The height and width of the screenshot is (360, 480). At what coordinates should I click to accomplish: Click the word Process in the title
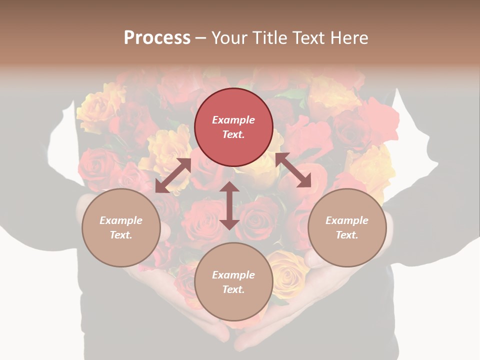[157, 37]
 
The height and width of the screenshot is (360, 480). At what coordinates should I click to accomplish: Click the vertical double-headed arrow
[229, 205]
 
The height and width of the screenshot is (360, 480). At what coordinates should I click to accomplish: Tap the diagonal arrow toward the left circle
[173, 175]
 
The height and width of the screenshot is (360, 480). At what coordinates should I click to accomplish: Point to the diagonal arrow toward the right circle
[293, 170]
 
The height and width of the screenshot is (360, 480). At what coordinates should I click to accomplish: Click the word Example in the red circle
[233, 120]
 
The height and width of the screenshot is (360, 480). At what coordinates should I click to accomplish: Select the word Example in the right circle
[347, 220]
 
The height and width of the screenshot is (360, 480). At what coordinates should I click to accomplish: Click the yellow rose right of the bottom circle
[287, 272]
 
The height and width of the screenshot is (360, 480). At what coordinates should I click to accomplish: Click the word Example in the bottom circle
[233, 275]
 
